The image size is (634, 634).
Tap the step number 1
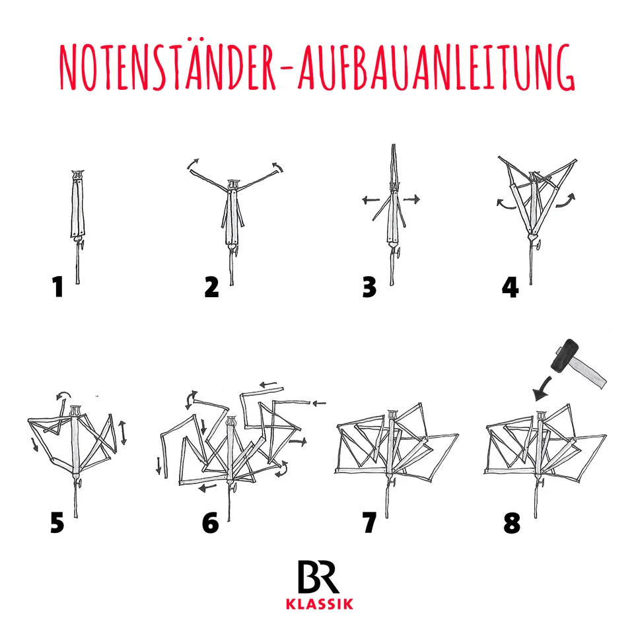point(58,287)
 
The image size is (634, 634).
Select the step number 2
point(211,287)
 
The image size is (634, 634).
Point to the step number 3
point(369,287)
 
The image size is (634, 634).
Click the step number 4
point(510,287)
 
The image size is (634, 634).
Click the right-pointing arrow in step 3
point(411,198)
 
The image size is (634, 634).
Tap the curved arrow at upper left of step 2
point(192,164)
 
